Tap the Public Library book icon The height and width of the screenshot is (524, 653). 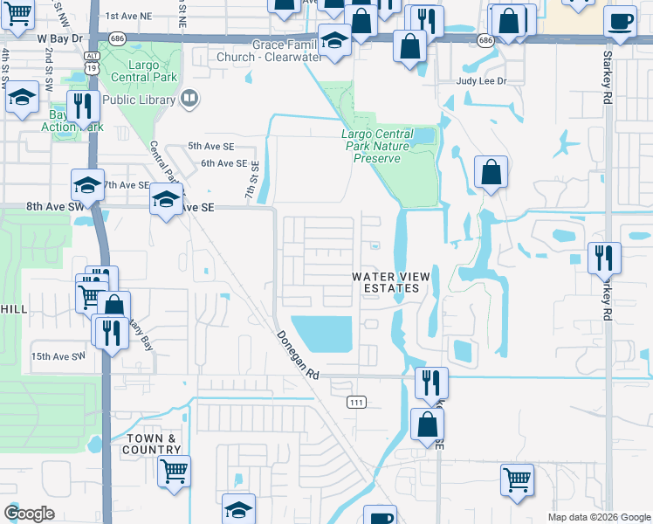tap(189, 100)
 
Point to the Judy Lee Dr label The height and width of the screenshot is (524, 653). tap(483, 80)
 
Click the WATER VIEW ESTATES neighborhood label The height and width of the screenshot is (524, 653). tap(390, 282)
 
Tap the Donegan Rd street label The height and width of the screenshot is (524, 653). tap(299, 353)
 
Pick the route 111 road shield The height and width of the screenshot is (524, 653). tap(358, 401)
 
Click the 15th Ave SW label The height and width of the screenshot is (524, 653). tap(58, 356)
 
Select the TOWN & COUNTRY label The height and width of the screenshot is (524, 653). tap(152, 444)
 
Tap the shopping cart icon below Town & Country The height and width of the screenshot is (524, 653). tap(174, 472)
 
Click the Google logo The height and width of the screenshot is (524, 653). tap(29, 514)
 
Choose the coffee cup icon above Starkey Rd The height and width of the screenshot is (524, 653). tap(620, 22)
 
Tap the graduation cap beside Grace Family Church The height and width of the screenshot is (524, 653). tap(334, 39)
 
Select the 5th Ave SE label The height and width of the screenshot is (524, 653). tap(210, 147)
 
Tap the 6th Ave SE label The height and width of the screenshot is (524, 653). tap(223, 163)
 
